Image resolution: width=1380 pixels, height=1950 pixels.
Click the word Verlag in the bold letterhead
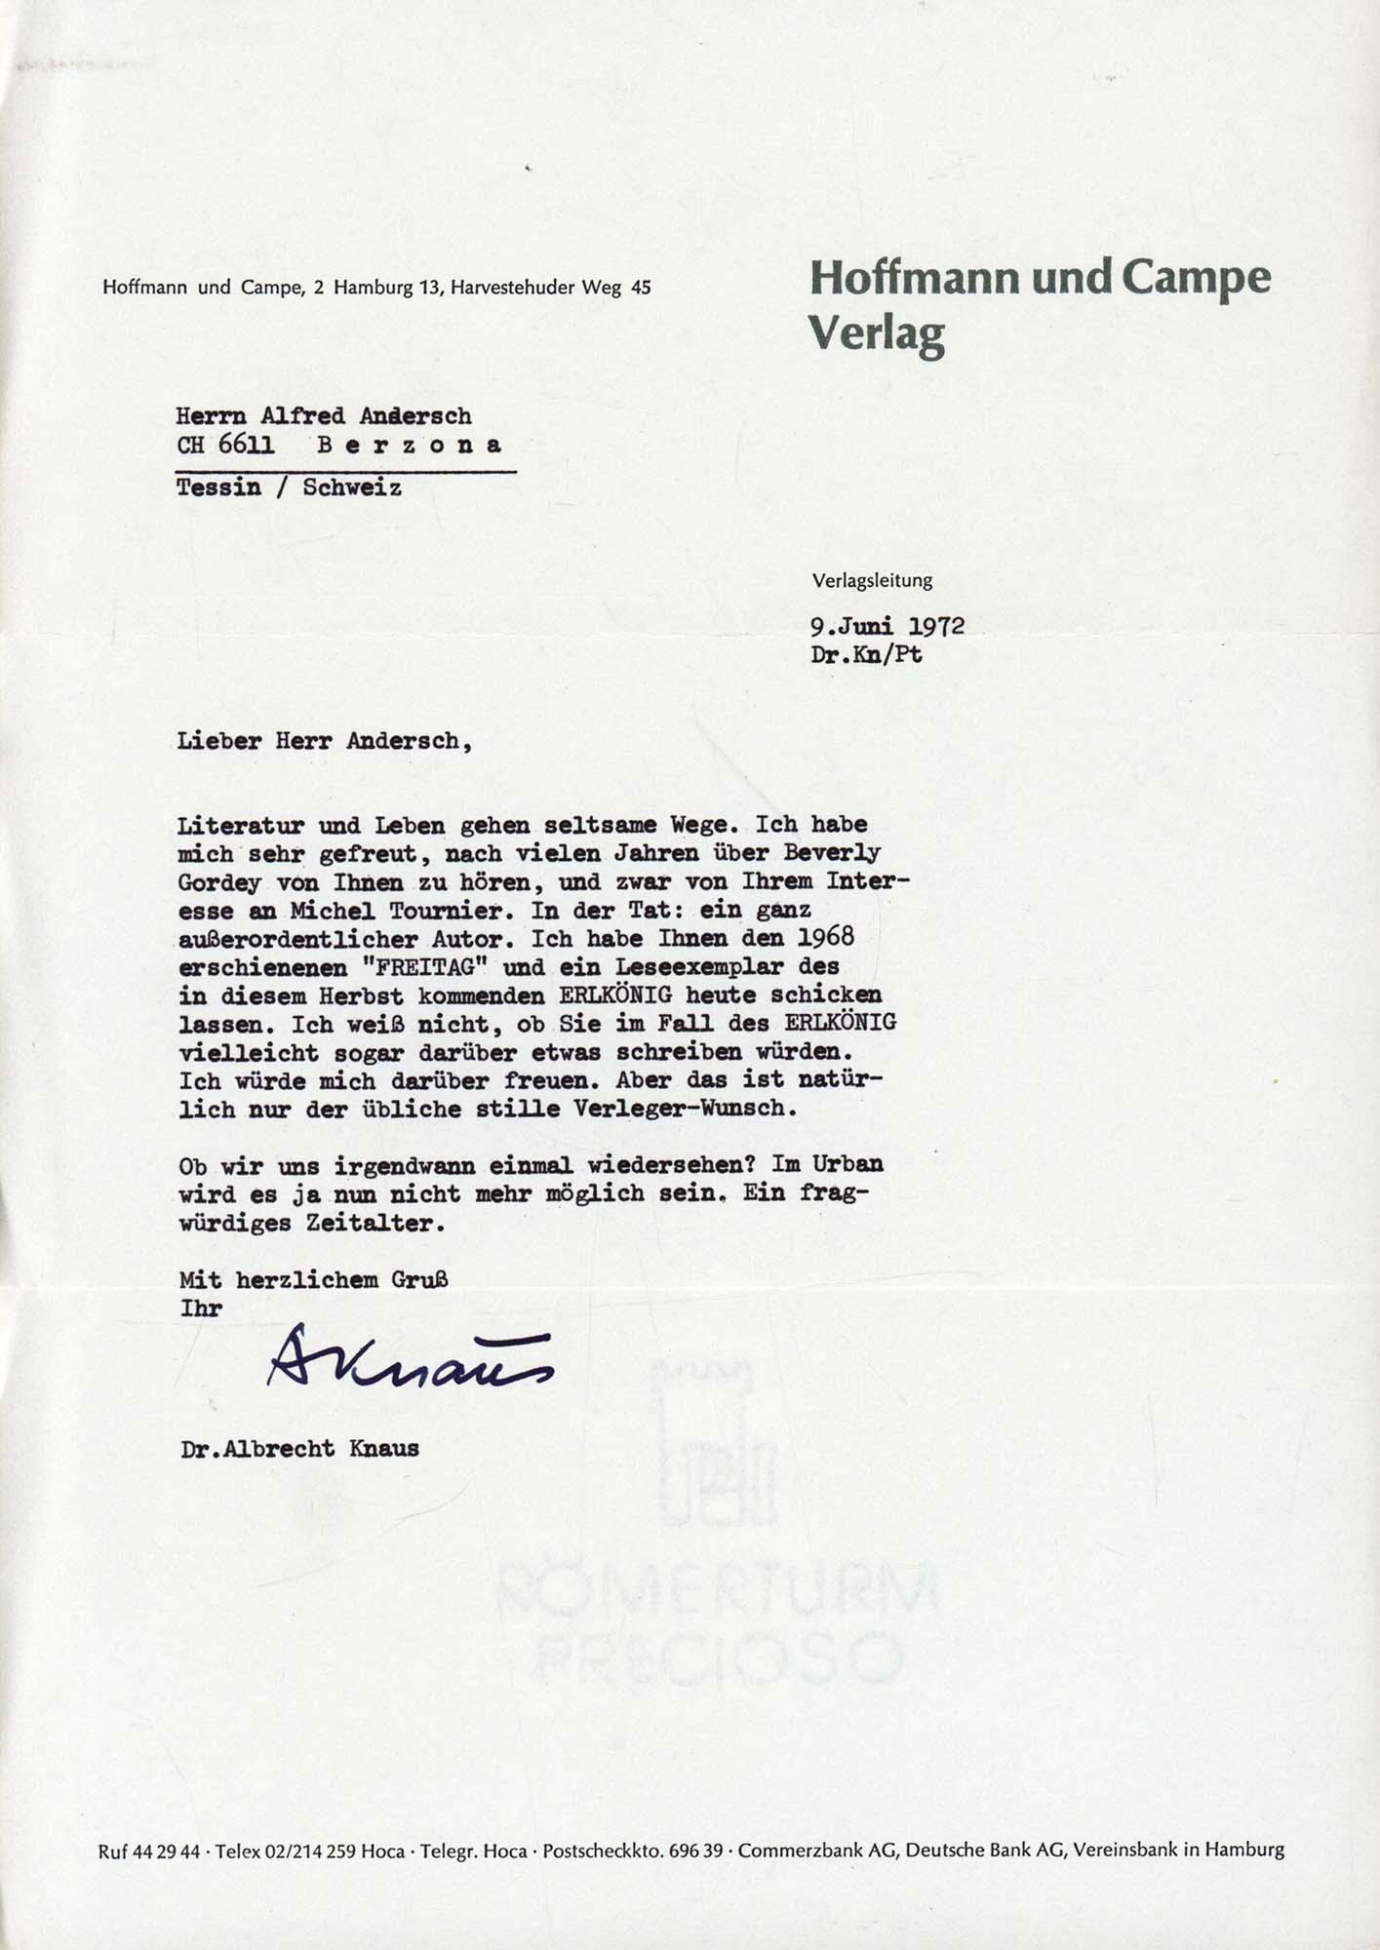coord(877,334)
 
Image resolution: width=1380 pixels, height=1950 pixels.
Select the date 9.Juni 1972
coord(887,626)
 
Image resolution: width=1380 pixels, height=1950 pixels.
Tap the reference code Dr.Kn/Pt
coord(866,654)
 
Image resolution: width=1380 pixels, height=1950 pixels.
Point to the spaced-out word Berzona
coord(410,445)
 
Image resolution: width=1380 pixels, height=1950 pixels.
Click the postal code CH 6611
coord(225,445)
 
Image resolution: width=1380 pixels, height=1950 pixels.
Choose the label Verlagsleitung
coord(872,580)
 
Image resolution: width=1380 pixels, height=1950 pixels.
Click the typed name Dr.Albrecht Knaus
coord(299,1449)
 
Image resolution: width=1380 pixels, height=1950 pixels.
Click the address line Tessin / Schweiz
coord(289,487)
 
